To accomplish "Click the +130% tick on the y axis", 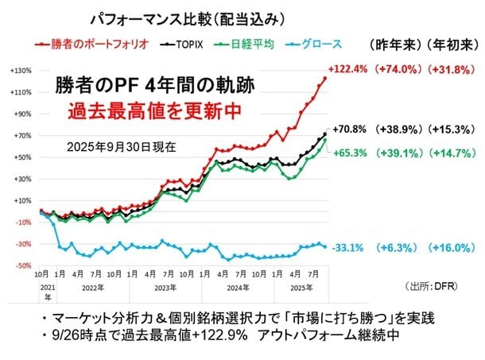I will click(21, 72).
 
